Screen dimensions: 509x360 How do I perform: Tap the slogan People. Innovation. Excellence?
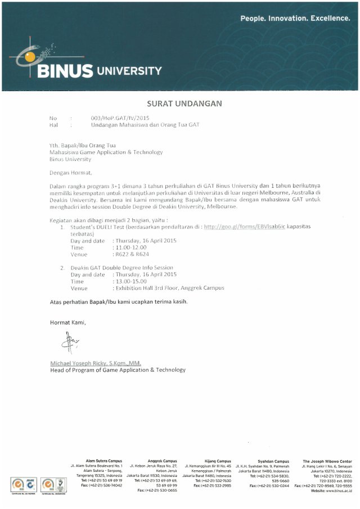pos(295,19)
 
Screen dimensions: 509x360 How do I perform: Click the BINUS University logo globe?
pos(28,56)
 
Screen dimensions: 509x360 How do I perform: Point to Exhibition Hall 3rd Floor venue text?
pos(169,288)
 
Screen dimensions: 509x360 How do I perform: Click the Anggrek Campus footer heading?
pos(162,461)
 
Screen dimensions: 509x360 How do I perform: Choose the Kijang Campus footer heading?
pos(216,461)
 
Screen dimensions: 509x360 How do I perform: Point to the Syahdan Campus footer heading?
pos(273,461)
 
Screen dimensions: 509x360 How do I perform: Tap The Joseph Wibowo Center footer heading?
pos(327,461)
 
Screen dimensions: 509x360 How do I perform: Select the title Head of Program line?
pos(118,370)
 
